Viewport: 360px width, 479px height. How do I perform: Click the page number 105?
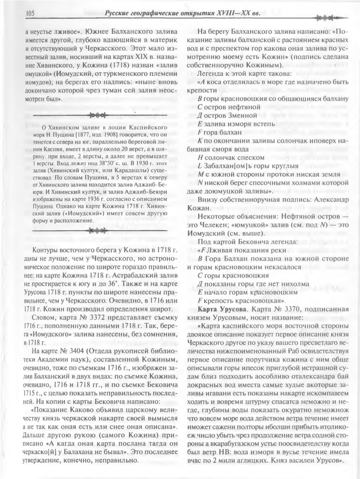coord(30,13)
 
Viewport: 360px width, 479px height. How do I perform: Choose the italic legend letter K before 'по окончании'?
coord(200,141)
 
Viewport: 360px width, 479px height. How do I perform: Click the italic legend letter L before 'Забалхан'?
coord(200,166)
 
